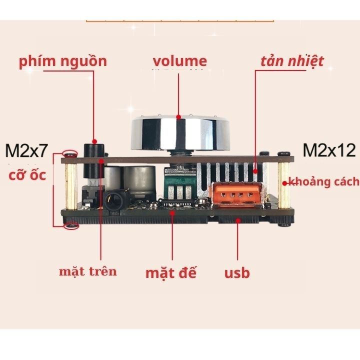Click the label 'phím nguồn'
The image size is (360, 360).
point(63,61)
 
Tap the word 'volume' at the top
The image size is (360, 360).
point(180,61)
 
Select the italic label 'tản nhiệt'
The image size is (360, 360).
point(292,61)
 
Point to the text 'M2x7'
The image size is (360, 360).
point(26,150)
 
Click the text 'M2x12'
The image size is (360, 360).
point(329,150)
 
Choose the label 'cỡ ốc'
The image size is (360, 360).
point(27,175)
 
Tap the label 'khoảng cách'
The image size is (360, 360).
point(323,181)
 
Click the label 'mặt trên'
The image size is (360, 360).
point(88,271)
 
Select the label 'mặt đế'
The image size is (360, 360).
point(171,273)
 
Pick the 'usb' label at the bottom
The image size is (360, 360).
point(237,273)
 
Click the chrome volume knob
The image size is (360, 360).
point(180,133)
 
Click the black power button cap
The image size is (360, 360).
point(93,160)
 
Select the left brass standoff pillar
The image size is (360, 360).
point(71,186)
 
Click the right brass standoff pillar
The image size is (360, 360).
point(284,185)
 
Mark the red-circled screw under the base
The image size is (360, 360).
point(71,226)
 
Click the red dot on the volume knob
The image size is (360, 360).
point(178,117)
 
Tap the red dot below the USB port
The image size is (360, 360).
point(238,220)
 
